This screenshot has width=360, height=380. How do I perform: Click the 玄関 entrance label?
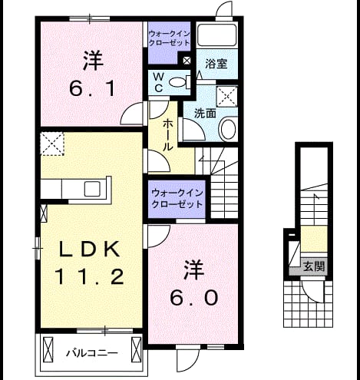pyautogui.click(x=314, y=267)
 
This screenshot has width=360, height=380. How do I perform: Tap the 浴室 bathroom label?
pyautogui.click(x=216, y=64)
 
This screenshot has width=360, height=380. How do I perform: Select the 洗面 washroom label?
pyautogui.click(x=205, y=114)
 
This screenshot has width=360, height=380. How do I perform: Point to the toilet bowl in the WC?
pyautogui.click(x=178, y=82)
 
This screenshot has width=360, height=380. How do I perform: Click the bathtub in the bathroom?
pyautogui.click(x=217, y=35)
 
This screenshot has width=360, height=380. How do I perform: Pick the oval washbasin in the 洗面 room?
pyautogui.click(x=229, y=129)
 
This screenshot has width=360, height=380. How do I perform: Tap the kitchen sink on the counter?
pyautogui.click(x=92, y=189)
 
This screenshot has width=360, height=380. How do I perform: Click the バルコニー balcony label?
pyautogui.click(x=92, y=353)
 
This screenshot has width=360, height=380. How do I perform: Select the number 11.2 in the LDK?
pyautogui.click(x=90, y=277)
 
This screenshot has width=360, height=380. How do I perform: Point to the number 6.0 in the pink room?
pyautogui.click(x=194, y=298)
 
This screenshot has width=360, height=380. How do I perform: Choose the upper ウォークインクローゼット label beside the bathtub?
pyautogui.click(x=170, y=38)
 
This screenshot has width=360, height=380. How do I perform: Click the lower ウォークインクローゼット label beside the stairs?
pyautogui.click(x=177, y=199)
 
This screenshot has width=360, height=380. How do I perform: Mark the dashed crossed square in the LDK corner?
pyautogui.click(x=52, y=144)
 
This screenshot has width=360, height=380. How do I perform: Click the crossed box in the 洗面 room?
pyautogui.click(x=227, y=97)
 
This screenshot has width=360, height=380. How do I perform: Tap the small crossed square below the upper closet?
pyautogui.click(x=187, y=61)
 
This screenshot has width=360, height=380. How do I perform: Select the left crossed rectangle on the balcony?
pyautogui.click(x=48, y=349)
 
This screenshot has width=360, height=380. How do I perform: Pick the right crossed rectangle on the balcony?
pyautogui.click(x=136, y=349)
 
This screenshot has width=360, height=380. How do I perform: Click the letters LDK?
pyautogui.click(x=90, y=249)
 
